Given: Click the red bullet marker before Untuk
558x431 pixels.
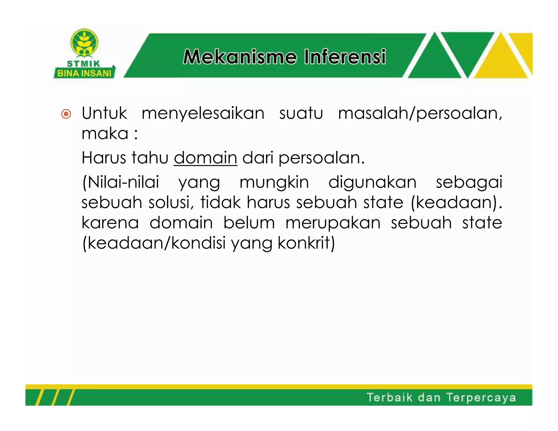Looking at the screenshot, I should click(66, 114).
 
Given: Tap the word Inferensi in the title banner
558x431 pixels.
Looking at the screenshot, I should click(345, 57).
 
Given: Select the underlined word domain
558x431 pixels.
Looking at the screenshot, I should click(205, 158).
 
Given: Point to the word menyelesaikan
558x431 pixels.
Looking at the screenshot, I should click(203, 114).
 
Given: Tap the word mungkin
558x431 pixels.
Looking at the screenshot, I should click(274, 182).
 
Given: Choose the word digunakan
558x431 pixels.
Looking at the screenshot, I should click(372, 182).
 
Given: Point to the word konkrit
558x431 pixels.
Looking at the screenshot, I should click(306, 243).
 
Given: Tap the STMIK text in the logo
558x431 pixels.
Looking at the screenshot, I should click(84, 64).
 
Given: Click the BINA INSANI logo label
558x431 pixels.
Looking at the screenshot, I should click(84, 73).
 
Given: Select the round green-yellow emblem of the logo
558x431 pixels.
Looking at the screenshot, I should click(84, 42).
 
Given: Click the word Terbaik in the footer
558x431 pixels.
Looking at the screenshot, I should click(390, 397).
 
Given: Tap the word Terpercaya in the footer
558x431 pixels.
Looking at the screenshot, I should click(481, 398).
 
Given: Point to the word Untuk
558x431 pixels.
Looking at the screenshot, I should click(104, 114).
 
